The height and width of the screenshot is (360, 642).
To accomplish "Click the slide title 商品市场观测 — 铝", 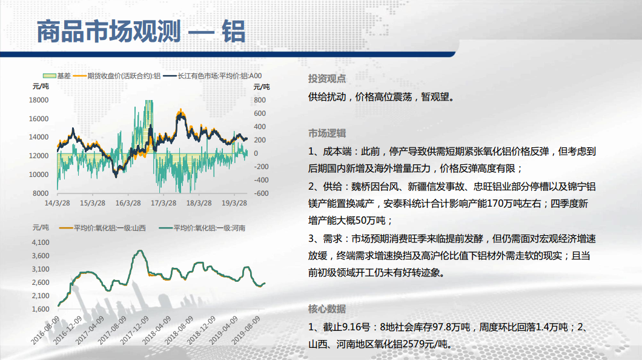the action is (141, 32).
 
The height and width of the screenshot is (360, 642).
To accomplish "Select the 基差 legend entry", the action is (57, 76).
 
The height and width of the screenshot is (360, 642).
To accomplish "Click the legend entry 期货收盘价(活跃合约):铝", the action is (117, 76).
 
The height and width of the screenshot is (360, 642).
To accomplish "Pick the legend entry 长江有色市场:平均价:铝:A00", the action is (213, 76).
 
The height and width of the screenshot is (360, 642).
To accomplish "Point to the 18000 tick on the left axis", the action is (39, 100).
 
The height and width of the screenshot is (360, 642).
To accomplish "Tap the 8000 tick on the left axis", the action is (41, 193).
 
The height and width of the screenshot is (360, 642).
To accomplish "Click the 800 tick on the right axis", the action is (260, 100).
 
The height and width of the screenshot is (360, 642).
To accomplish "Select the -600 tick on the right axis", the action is (261, 193).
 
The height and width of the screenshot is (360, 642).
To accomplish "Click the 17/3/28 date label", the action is (164, 203).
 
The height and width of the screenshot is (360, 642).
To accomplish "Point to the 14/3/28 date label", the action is (57, 203).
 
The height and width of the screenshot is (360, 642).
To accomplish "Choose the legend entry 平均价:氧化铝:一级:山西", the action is (102, 228).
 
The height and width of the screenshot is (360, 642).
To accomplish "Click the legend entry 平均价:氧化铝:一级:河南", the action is (202, 228).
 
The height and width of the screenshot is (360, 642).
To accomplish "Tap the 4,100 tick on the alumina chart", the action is (41, 242).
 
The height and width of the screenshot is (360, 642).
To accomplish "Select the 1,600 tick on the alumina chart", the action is (41, 309).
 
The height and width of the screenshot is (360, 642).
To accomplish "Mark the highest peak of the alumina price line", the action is (141, 251).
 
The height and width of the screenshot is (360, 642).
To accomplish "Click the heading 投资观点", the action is (326, 79).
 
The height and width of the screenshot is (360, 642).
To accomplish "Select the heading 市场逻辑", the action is (326, 133).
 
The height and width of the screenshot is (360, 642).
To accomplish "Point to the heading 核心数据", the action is (326, 309).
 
